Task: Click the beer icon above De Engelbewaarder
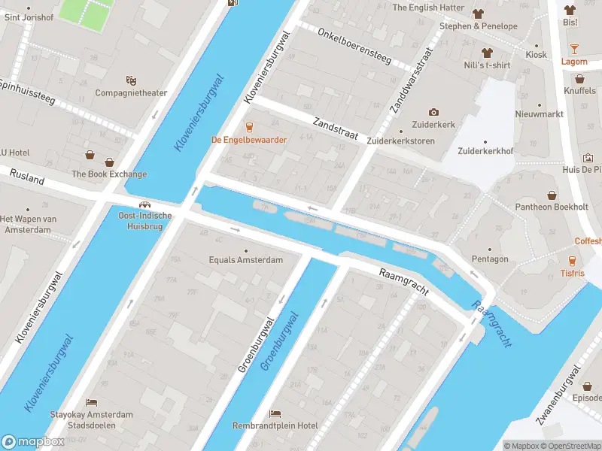[250, 126]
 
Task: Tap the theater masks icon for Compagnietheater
[131, 80]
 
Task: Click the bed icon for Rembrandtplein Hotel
[275, 413]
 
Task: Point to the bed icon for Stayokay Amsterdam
[91, 403]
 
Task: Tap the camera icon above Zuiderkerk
[433, 112]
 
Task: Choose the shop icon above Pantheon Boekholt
[551, 195]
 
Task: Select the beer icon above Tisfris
[572, 261]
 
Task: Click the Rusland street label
[27, 177]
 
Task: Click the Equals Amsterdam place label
[245, 260]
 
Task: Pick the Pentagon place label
[489, 259]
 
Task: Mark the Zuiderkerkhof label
[485, 151]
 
